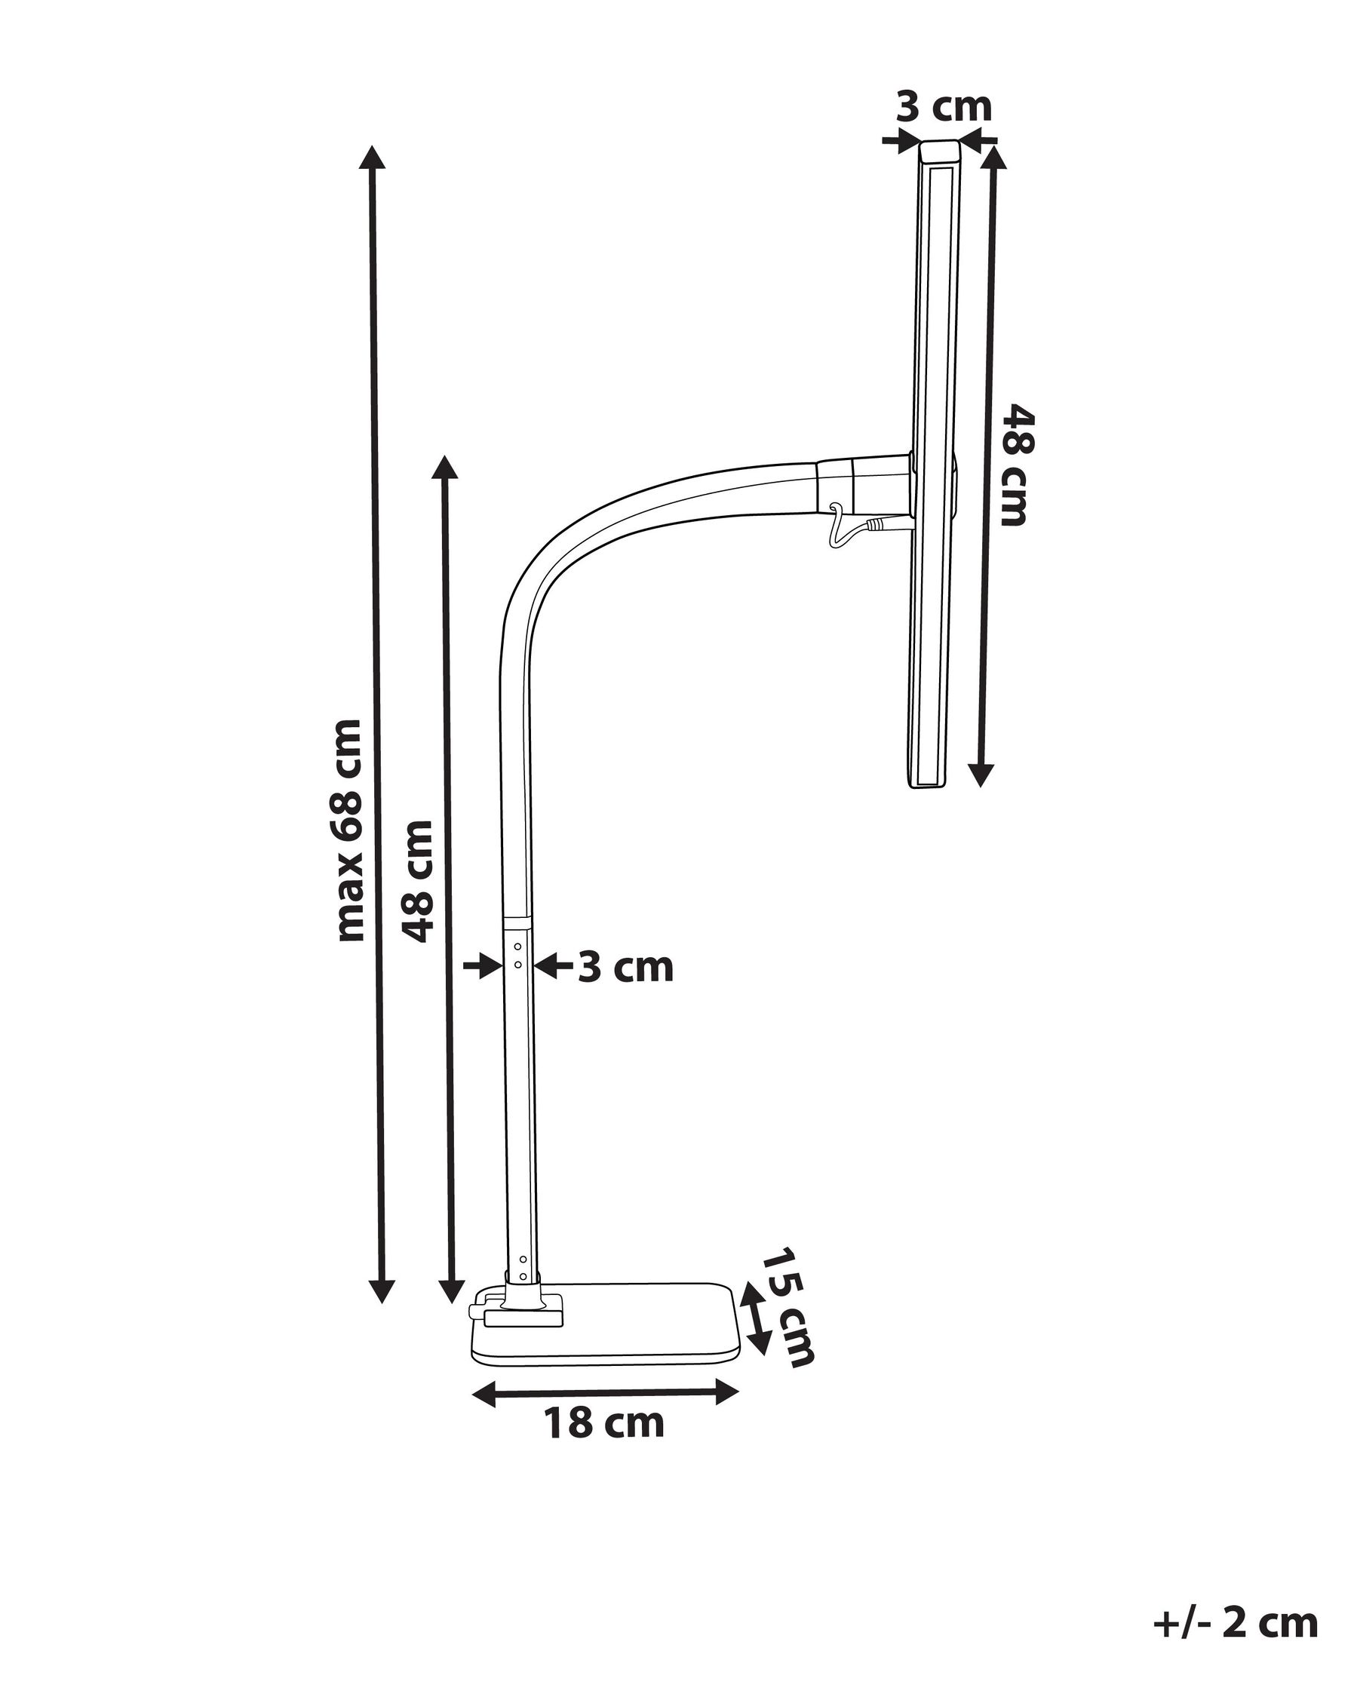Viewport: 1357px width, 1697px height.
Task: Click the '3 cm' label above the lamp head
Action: click(944, 107)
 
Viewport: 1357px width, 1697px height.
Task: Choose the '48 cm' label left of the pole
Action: click(418, 880)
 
